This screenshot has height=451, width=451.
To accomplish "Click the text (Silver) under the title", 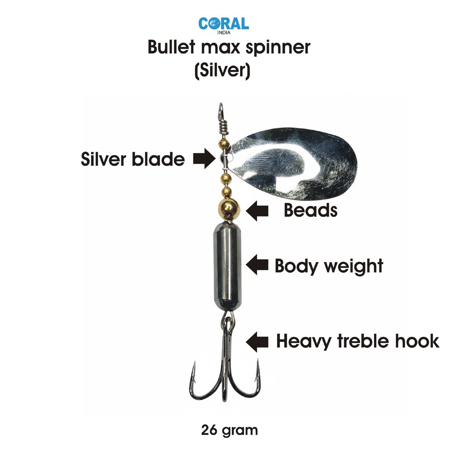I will pyautogui.click(x=222, y=71).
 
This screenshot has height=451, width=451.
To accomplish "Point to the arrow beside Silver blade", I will pyautogui.click(x=203, y=159).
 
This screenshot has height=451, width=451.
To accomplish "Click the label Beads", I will pyautogui.click(x=310, y=210).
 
